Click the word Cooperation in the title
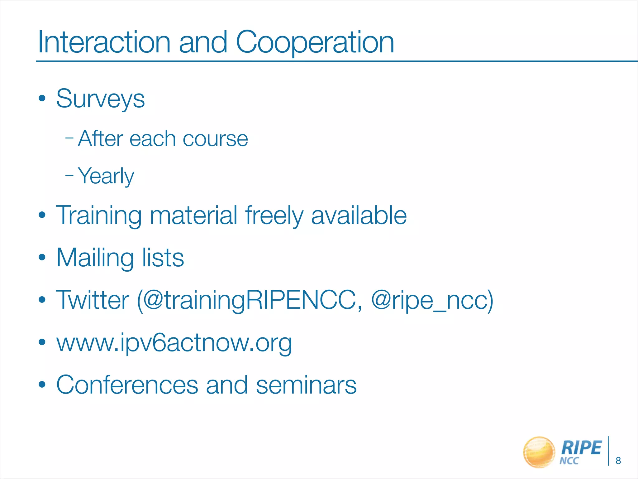(x=315, y=43)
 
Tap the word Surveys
(x=100, y=99)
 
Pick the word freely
(x=274, y=216)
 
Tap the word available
(x=359, y=215)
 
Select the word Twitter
(x=93, y=300)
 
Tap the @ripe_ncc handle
(x=432, y=300)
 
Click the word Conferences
(x=127, y=385)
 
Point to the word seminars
(x=306, y=385)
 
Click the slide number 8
(x=618, y=461)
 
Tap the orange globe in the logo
(x=539, y=452)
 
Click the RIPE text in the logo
(x=581, y=448)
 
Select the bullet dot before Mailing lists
(x=42, y=258)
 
